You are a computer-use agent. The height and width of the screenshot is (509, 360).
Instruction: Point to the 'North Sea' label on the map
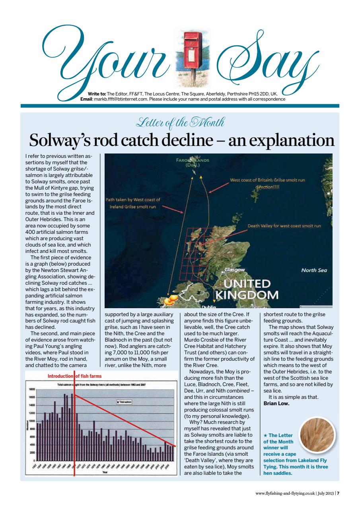pyautogui.click(x=314, y=270)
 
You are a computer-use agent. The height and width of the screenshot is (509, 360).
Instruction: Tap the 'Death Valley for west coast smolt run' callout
pyautogui.click(x=284, y=226)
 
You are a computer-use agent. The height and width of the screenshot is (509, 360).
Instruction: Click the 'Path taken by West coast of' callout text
pyautogui.click(x=132, y=200)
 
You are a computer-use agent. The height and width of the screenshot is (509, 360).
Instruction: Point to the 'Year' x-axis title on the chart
pyautogui.click(x=105, y=472)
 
